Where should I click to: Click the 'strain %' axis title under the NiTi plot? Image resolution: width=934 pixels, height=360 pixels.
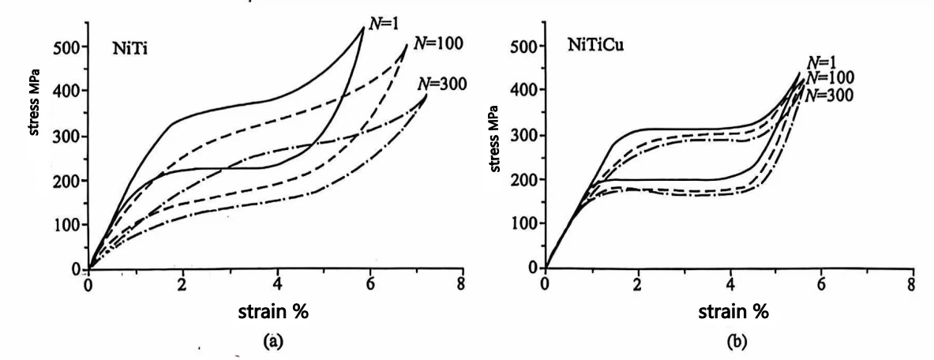(x=273, y=311)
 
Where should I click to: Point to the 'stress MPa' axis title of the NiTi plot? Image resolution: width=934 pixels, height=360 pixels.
(x=35, y=103)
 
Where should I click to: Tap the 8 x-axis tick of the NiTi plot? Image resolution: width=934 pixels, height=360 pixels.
(x=462, y=285)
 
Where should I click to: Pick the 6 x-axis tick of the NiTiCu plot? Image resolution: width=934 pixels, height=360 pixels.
(x=821, y=284)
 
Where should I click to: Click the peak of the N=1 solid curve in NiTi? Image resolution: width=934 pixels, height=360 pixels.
(x=364, y=27)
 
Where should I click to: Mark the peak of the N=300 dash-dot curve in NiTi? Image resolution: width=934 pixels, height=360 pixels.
(x=427, y=95)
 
